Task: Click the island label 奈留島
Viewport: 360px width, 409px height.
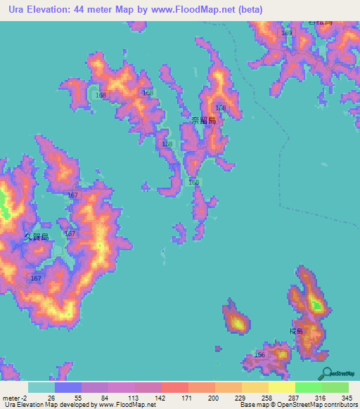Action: click(203, 121)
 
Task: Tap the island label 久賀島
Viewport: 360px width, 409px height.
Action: click(37, 237)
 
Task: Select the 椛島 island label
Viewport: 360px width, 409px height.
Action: click(295, 331)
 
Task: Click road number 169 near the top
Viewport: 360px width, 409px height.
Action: click(286, 33)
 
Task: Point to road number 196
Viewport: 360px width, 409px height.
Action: click(259, 356)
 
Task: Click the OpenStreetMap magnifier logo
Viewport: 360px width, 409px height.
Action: click(324, 374)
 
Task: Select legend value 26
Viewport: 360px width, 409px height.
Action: click(51, 398)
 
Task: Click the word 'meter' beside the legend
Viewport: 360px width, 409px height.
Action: click(11, 398)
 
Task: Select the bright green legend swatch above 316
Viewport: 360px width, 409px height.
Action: click(309, 387)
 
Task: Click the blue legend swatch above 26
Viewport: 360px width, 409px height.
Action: click(68, 387)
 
